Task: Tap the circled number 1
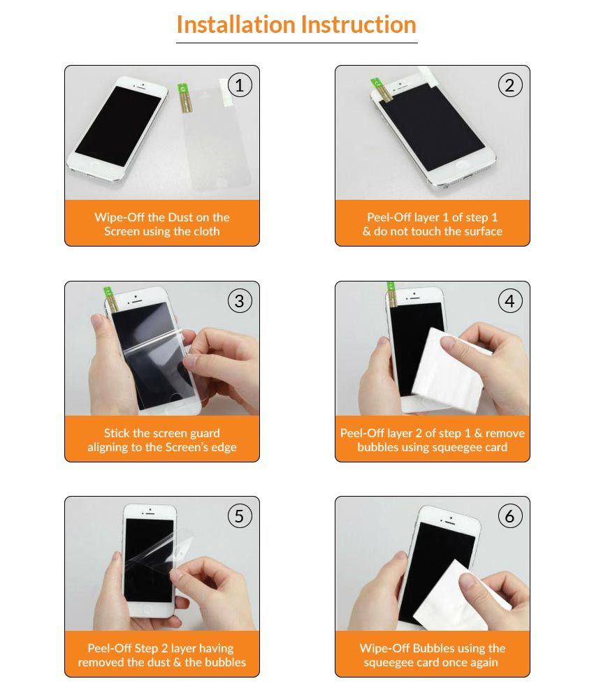coord(240,86)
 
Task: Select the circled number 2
coord(510,86)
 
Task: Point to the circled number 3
coord(240,301)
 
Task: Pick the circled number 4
coord(510,301)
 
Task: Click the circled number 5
coord(240,516)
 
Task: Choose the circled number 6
coord(510,516)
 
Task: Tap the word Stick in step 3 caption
coord(118,433)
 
